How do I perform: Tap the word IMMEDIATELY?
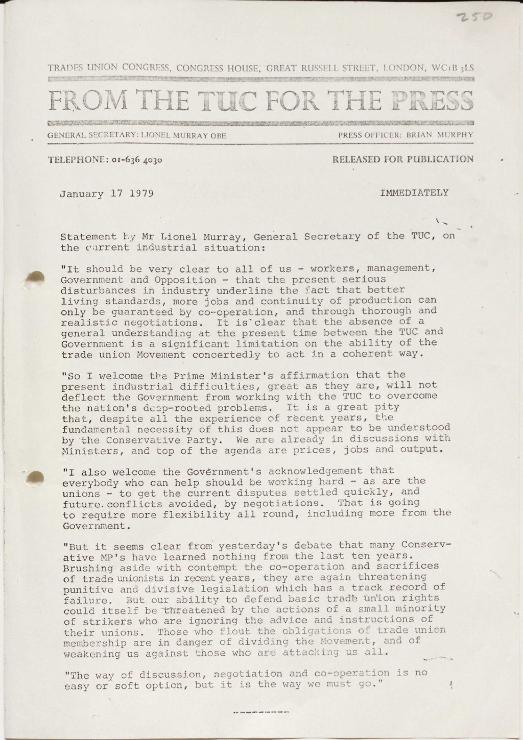[414, 193]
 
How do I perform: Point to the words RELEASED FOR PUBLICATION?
[402, 159]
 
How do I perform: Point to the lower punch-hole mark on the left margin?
[35, 477]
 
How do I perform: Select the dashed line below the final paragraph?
[260, 711]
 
